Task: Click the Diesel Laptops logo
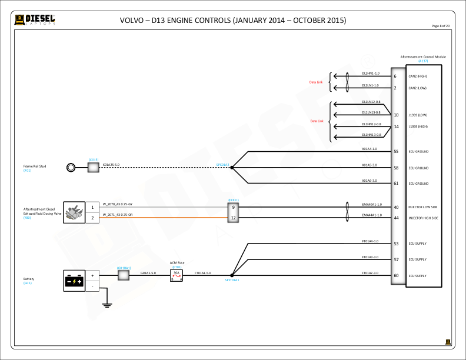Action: pos(35,20)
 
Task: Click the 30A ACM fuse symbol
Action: pos(177,275)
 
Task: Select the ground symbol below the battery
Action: pos(106,304)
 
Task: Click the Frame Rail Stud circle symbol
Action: pos(71,168)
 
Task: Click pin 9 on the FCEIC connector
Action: pos(234,208)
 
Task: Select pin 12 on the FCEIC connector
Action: pos(234,218)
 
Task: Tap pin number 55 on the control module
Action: pos(396,152)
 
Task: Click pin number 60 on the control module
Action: pos(396,275)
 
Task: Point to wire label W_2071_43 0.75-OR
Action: pos(118,215)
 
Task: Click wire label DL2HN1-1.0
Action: pos(371,74)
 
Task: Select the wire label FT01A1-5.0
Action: pos(203,273)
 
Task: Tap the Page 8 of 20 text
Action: pos(440,26)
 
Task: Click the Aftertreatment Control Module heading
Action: pos(423,57)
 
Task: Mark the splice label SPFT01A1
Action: pos(232,280)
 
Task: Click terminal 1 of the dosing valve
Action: pos(92,208)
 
